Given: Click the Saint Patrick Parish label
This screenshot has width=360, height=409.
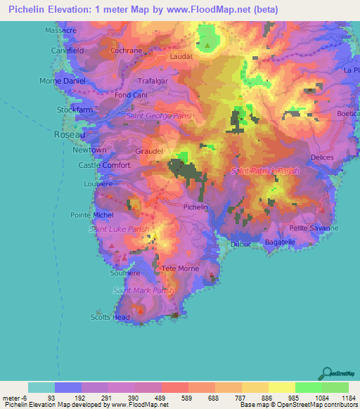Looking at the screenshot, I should point(265,171).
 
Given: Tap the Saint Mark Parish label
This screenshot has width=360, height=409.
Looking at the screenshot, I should point(143,290).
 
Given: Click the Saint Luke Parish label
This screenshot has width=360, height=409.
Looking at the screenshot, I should point(118,229).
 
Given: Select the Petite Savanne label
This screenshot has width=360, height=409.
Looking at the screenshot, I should point(314,228).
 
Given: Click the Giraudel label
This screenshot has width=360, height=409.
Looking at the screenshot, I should point(149,151).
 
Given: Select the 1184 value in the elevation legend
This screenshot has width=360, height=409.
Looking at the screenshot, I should point(348,398).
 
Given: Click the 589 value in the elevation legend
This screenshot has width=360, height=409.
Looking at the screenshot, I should point(174,398).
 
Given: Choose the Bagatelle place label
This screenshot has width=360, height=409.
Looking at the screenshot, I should point(280,242).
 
